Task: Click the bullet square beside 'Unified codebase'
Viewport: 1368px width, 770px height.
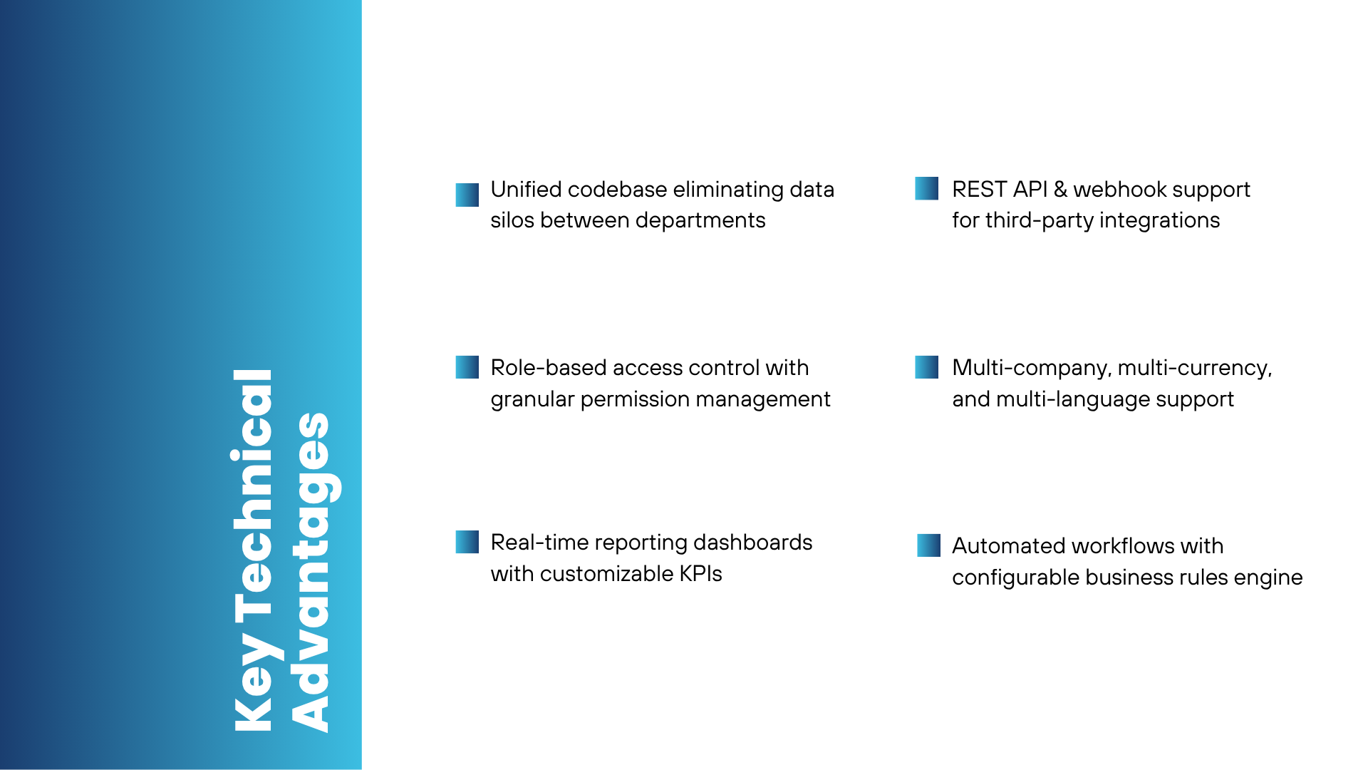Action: pos(467,195)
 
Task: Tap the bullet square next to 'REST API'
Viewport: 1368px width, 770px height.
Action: pos(927,188)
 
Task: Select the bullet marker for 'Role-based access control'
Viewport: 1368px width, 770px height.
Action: pos(467,367)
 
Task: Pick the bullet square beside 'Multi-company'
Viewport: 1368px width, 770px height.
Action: pos(927,367)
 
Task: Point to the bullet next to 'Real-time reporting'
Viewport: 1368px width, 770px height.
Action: pos(467,542)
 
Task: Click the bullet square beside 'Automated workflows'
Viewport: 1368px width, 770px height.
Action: pos(929,545)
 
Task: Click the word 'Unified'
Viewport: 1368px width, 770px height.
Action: pos(526,190)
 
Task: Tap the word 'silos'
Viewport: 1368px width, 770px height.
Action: pos(512,220)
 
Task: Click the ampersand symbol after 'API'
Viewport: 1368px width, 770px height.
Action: pos(1060,190)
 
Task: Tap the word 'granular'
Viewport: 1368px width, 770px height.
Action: pos(532,400)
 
